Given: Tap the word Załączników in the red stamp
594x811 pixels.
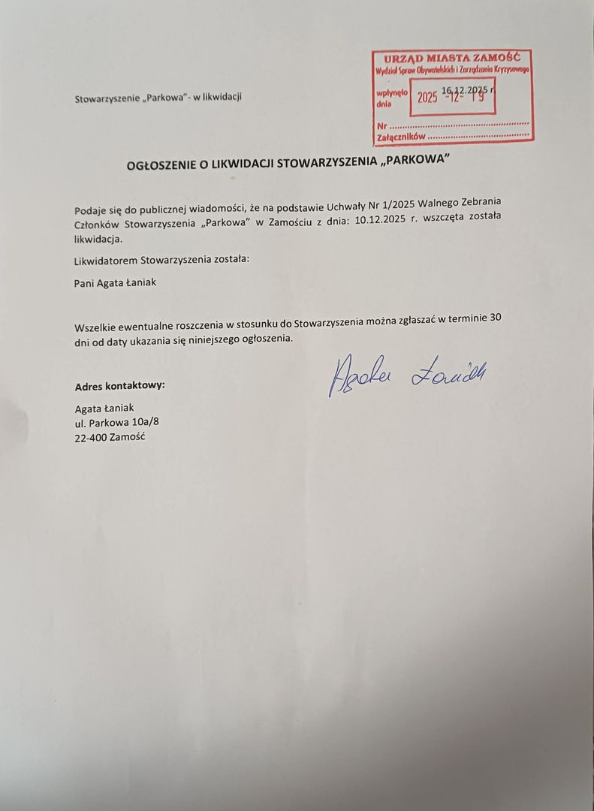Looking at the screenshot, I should click(x=401, y=137).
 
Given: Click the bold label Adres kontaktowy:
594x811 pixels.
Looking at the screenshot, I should click(x=119, y=386).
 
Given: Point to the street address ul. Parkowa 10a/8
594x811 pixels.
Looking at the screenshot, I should click(x=117, y=422).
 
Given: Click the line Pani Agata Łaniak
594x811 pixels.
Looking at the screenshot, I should click(x=116, y=282).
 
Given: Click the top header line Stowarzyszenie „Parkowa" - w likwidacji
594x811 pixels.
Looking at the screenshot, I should click(x=158, y=97).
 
